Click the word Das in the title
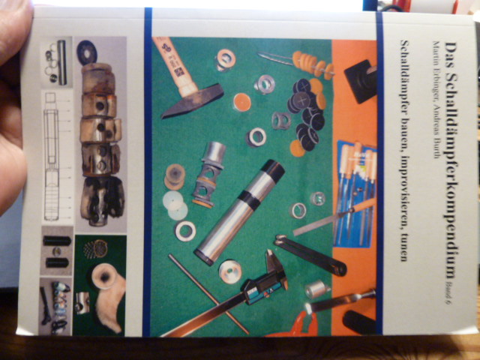point(451,51)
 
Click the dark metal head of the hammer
point(192,101)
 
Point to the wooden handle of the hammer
point(175,65)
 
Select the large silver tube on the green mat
point(238,212)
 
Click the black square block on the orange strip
point(360,81)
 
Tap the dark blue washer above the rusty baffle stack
point(87,52)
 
